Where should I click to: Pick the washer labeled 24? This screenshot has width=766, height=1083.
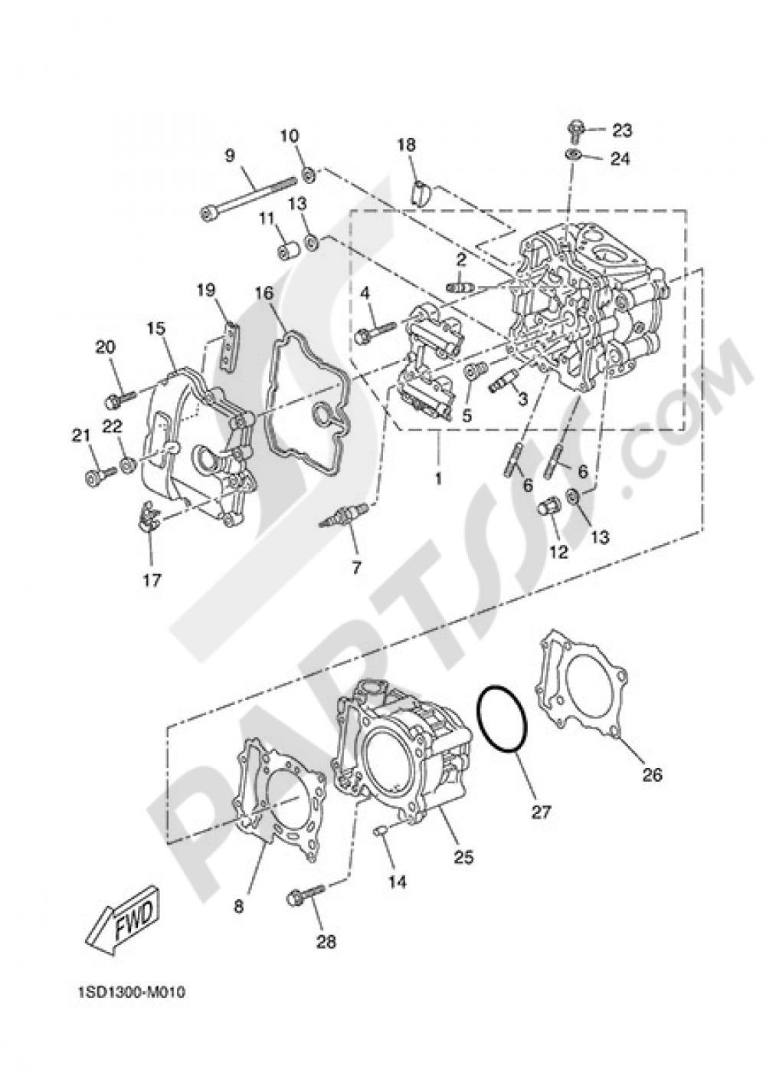point(572,156)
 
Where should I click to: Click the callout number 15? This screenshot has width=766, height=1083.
point(155,327)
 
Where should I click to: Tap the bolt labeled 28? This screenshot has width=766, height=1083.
point(305,894)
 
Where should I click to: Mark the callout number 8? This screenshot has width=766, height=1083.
point(238,906)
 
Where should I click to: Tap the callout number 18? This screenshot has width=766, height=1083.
point(407,144)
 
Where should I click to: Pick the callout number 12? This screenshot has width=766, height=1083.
point(558,551)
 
